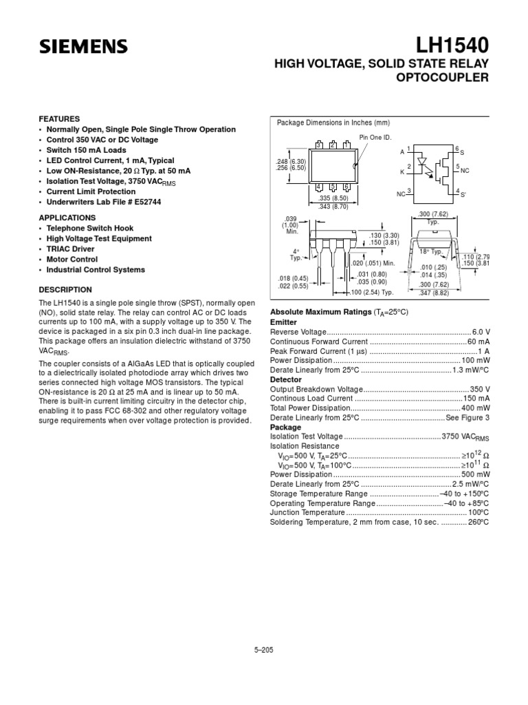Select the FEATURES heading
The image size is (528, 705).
pos(59,118)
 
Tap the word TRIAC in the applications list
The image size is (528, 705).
pos(60,249)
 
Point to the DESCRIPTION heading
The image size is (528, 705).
pos(65,290)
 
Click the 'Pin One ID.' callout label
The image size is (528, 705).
pos(375,138)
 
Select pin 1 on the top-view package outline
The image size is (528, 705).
pos(347,145)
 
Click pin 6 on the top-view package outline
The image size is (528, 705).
pos(347,187)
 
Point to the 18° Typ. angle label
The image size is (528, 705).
pos(431,252)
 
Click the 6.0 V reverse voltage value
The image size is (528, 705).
pos(481,332)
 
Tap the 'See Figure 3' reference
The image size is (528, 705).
pos(467,417)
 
